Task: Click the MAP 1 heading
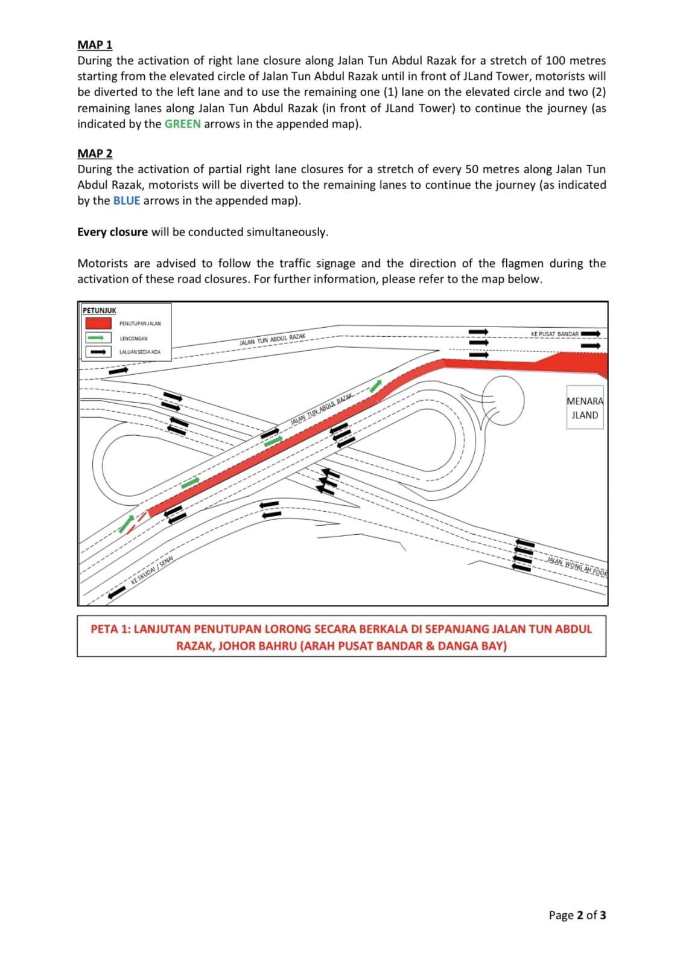pyautogui.click(x=95, y=45)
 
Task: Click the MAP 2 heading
pyautogui.click(x=95, y=153)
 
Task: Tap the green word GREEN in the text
pyautogui.click(x=182, y=124)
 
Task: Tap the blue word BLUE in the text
pyautogui.click(x=127, y=200)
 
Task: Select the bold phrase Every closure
pyautogui.click(x=112, y=232)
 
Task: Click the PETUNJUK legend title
pyautogui.click(x=100, y=310)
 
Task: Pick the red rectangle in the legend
pyautogui.click(x=98, y=324)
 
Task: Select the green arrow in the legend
pyautogui.click(x=98, y=339)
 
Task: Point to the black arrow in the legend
pyautogui.click(x=98, y=352)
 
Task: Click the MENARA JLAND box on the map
pyautogui.click(x=585, y=408)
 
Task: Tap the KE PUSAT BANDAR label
pyautogui.click(x=554, y=334)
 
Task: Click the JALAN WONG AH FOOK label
pyautogui.click(x=576, y=566)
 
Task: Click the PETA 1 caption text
pyautogui.click(x=341, y=637)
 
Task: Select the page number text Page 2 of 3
pyautogui.click(x=577, y=915)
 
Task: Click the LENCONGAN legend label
pyautogui.click(x=133, y=339)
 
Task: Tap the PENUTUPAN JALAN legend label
pyautogui.click(x=140, y=324)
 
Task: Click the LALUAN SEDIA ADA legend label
pyautogui.click(x=140, y=352)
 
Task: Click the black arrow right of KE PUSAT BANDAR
pyautogui.click(x=591, y=334)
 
